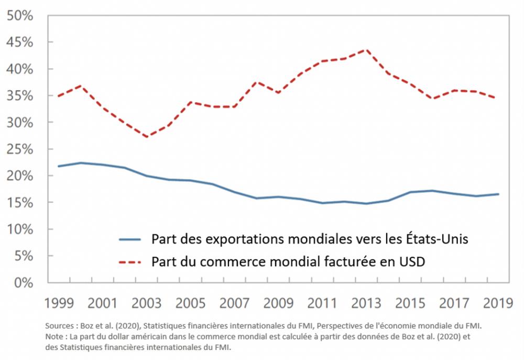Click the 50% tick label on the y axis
click(x=20, y=15)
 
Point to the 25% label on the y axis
click(x=20, y=149)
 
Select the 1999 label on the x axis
click(x=59, y=304)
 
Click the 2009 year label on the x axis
click(x=278, y=304)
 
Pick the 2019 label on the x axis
click(x=498, y=304)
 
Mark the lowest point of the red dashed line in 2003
click(x=146, y=137)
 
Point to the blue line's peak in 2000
click(x=80, y=162)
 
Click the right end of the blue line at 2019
click(x=498, y=194)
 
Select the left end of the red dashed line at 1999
click(x=59, y=96)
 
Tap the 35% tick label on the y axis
click(x=20, y=96)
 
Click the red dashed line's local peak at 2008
click(x=256, y=82)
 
